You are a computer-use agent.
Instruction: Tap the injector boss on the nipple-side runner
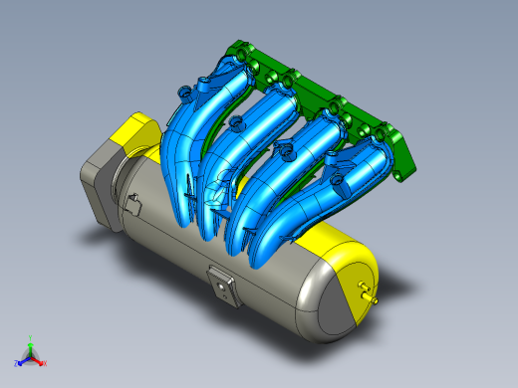click(x=338, y=181)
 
